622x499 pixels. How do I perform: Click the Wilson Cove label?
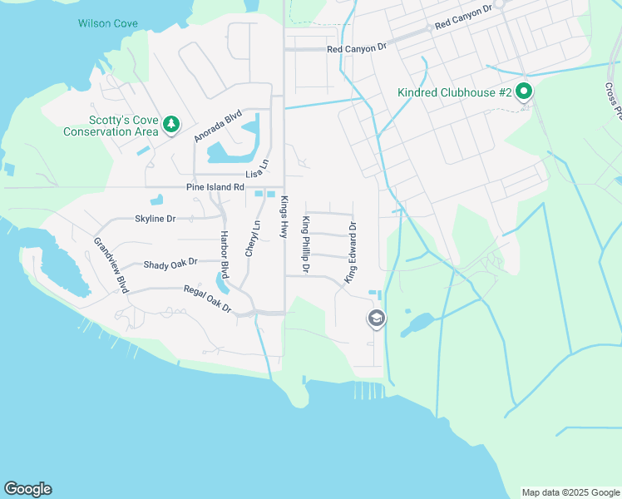pos(107,23)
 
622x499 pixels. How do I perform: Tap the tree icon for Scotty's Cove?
pos(171,124)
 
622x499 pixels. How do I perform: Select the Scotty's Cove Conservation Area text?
pos(111,125)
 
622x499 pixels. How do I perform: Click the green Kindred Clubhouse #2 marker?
pos(524,91)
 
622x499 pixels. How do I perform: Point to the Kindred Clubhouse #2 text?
pos(454,92)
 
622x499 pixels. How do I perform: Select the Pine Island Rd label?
pos(215,187)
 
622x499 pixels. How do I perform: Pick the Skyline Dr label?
pos(155,219)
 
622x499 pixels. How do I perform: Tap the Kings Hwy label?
pos(284,218)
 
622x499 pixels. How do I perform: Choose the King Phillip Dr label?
pos(305,245)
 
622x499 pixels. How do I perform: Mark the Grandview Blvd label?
pos(110,265)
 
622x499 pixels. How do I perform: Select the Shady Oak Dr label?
pos(170,263)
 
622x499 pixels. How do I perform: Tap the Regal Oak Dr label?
pos(207,299)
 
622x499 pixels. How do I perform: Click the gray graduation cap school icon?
pos(377,318)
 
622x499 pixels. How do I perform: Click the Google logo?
pos(27,489)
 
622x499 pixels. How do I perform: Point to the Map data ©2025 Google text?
pos(570,492)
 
